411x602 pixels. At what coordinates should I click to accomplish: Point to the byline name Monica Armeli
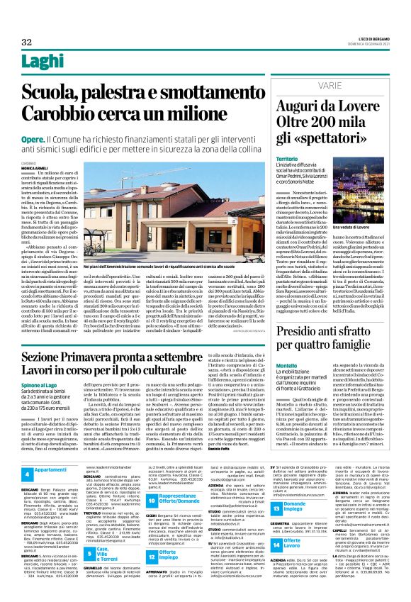pyautogui.click(x=35, y=167)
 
